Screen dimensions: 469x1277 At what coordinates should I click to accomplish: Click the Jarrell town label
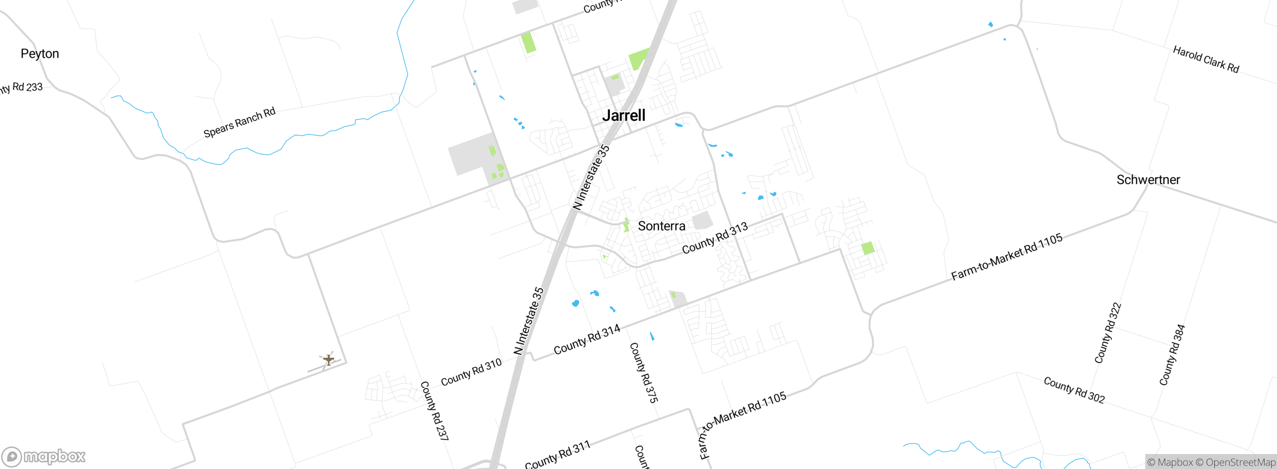[624, 116]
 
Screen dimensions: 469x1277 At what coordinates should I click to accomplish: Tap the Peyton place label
[40, 54]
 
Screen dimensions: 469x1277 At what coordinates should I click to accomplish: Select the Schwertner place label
[1148, 180]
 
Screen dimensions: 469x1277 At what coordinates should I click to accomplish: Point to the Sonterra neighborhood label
[661, 227]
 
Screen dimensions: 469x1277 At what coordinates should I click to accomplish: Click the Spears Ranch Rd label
[239, 123]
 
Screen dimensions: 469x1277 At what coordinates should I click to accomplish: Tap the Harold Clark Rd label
[1206, 59]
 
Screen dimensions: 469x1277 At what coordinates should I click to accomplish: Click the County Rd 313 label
[715, 238]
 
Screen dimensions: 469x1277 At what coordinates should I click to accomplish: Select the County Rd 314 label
[587, 340]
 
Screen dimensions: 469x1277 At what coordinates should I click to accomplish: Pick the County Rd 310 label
[471, 373]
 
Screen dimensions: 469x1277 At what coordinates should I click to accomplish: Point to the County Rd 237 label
[434, 411]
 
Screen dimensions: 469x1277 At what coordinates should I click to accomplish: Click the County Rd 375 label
[643, 373]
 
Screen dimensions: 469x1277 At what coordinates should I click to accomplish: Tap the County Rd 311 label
[558, 455]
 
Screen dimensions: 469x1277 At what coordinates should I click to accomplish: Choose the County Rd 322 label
[1108, 333]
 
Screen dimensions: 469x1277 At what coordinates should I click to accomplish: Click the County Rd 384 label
[1172, 355]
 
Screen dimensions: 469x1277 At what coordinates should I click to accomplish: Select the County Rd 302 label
[1074, 390]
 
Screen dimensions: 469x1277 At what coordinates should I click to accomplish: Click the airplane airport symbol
[328, 359]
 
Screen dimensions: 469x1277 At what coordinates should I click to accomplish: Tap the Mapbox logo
[44, 456]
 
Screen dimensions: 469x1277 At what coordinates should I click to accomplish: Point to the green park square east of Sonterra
[868, 248]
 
